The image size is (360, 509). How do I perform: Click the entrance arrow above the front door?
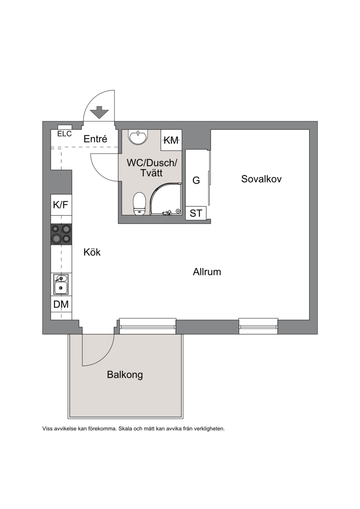[x=99, y=113]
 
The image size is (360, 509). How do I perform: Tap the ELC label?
[x=64, y=134]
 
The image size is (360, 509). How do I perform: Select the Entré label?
[x=95, y=139]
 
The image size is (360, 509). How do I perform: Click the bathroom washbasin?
[x=138, y=137]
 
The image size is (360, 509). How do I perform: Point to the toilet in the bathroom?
[x=139, y=203]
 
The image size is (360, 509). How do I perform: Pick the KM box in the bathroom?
[x=171, y=140]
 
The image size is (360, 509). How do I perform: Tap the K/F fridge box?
[x=61, y=205]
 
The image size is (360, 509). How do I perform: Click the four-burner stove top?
[x=61, y=234]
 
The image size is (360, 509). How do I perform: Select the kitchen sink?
[x=61, y=284]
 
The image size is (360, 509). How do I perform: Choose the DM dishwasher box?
[x=61, y=304]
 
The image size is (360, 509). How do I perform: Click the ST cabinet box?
[x=196, y=213]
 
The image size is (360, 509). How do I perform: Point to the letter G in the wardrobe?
[x=196, y=180]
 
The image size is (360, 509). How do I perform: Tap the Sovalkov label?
[x=261, y=179]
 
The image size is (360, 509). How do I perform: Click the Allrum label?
[x=207, y=272]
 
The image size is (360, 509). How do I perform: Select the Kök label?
[x=92, y=252]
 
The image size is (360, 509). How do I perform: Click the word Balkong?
[x=125, y=374]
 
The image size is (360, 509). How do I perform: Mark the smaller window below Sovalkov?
[x=258, y=326]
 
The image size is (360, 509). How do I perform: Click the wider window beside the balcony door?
[x=148, y=326]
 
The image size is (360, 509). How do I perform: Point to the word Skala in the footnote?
[x=124, y=428]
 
